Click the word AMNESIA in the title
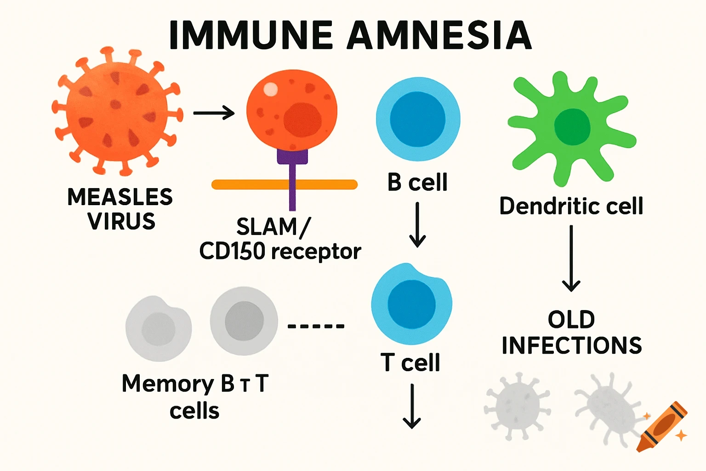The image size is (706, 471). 439,35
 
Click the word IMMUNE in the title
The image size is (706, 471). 251,35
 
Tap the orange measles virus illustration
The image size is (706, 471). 117,110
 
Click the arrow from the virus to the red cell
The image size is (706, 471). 214,113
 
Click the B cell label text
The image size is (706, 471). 417,183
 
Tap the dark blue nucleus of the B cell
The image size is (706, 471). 417,119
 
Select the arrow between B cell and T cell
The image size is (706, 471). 417,225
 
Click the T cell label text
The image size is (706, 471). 410,362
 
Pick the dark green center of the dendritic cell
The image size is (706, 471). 572,127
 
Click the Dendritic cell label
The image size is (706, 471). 571,206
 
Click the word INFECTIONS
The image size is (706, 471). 572,346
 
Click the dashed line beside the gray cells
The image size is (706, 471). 316,326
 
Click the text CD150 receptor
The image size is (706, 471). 280,252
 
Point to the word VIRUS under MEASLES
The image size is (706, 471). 121,222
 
